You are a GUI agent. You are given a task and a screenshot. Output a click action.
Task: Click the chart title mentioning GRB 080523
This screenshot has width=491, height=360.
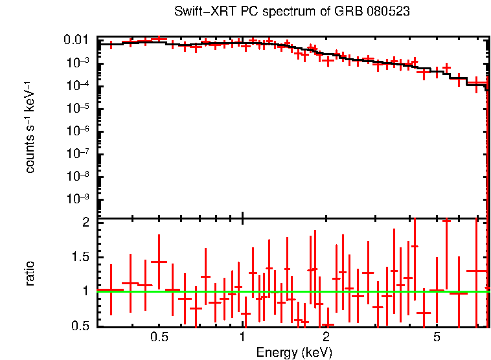(292, 12)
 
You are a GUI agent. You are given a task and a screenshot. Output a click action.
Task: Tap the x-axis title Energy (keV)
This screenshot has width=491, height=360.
(294, 352)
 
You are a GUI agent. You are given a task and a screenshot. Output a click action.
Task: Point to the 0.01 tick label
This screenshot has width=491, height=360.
(80, 41)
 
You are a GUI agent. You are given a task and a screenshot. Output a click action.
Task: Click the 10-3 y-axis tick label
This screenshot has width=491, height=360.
(82, 63)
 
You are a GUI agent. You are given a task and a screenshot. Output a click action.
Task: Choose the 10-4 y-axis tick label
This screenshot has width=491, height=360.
(82, 85)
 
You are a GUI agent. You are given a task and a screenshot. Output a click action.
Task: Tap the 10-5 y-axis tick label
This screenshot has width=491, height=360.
(82, 108)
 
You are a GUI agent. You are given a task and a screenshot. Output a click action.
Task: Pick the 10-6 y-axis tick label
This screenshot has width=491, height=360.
(82, 131)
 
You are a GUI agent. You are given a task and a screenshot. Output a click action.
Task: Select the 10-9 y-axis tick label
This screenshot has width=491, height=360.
(82, 199)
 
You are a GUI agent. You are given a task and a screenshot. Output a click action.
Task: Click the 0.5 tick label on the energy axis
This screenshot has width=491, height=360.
(159, 338)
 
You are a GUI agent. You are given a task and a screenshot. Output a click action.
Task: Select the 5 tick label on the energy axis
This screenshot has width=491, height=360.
(437, 338)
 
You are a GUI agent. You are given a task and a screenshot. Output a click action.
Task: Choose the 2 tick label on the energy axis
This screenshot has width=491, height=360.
(326, 338)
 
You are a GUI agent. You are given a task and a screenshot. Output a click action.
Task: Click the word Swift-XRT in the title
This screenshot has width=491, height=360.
(200, 12)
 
